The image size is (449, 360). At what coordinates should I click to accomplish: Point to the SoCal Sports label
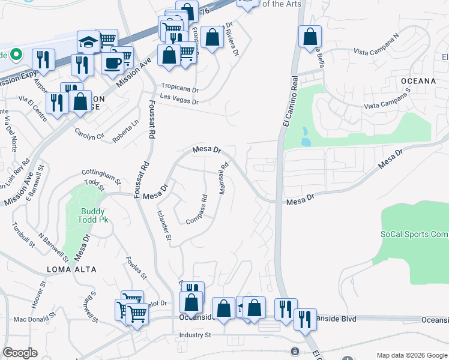coord(414,234)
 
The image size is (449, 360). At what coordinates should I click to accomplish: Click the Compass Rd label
coord(196,211)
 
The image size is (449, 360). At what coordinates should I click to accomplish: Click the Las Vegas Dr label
coord(178,101)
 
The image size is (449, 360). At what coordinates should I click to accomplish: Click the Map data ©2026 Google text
coord(411,355)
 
